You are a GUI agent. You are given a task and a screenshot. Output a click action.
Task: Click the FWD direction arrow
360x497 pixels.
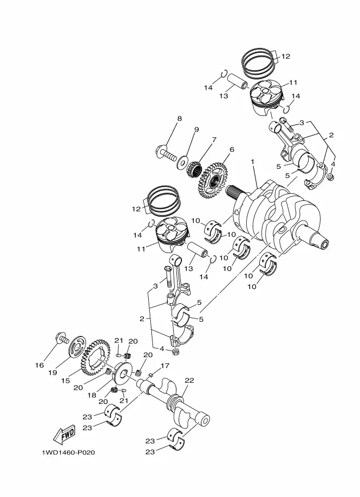click(64, 434)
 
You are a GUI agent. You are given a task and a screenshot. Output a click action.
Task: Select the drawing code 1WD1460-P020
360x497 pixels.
click(68, 452)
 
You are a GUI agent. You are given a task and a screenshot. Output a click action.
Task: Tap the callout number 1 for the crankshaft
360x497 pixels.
click(253, 162)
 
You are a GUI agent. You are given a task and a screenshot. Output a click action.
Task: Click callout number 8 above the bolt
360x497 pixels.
click(180, 119)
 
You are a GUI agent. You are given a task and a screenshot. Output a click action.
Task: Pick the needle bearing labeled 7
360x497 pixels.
click(194, 167)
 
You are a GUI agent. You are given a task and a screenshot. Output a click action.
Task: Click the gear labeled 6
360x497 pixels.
click(213, 179)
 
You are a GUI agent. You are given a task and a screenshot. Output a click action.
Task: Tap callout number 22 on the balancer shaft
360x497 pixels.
click(190, 380)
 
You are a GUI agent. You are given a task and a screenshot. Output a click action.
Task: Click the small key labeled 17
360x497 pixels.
click(151, 375)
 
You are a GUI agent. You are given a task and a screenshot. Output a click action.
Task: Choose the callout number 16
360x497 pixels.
click(39, 365)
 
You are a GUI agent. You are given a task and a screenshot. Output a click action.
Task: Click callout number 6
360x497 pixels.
click(232, 150)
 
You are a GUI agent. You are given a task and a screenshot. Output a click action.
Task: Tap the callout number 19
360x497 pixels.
click(53, 372)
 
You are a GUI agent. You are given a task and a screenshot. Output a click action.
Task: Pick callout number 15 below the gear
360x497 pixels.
click(65, 381)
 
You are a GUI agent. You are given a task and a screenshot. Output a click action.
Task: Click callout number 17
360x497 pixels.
click(165, 366)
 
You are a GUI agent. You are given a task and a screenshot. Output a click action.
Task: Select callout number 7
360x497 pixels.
click(215, 139)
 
